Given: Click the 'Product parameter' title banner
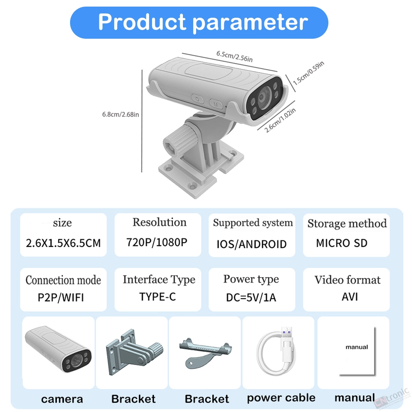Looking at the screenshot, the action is click(199, 23).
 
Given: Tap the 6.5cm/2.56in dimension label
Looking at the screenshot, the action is click(234, 56).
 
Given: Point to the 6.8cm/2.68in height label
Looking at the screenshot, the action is click(120, 114).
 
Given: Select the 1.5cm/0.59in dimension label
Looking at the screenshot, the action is click(309, 73).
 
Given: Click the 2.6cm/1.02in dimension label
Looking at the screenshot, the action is click(280, 120).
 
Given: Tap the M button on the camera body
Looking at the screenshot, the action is click(216, 104).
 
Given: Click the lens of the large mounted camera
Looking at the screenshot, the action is click(262, 98).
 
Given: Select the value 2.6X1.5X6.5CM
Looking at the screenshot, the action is click(63, 243).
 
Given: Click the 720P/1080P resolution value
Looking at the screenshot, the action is click(157, 242).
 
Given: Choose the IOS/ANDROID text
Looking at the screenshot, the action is click(251, 244).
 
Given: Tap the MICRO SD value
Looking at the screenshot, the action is click(342, 243).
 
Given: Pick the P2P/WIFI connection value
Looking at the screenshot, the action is click(61, 297).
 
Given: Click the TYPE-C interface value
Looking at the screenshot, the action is click(157, 297).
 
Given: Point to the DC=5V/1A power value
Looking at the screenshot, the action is click(251, 297).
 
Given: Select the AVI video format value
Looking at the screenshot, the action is click(350, 297).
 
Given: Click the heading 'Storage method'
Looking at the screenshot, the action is click(347, 223).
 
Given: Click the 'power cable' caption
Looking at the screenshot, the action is click(281, 398).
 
